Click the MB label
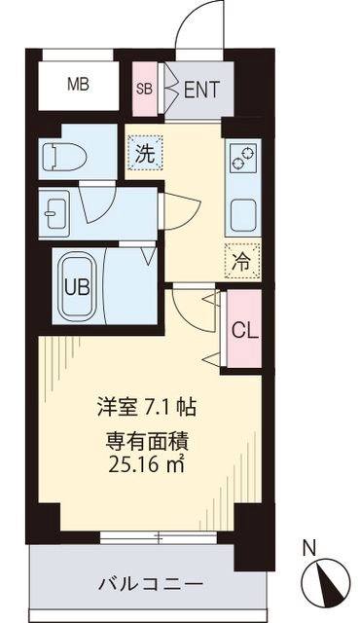[78, 85]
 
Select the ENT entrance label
[201, 91]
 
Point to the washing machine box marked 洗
[143, 152]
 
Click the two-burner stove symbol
[239, 156]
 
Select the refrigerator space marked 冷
[239, 260]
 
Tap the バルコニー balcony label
[150, 585]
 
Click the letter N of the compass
[308, 548]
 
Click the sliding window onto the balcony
[157, 536]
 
